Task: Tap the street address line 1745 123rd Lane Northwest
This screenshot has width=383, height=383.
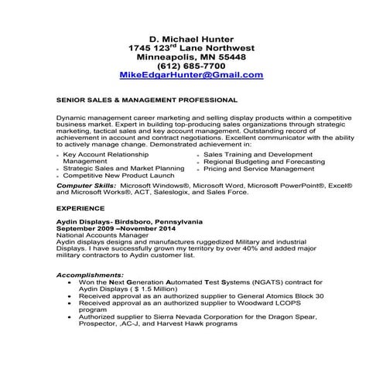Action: point(191,49)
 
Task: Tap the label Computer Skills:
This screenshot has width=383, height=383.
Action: point(84,186)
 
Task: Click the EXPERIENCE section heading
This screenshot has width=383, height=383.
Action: point(80,209)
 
